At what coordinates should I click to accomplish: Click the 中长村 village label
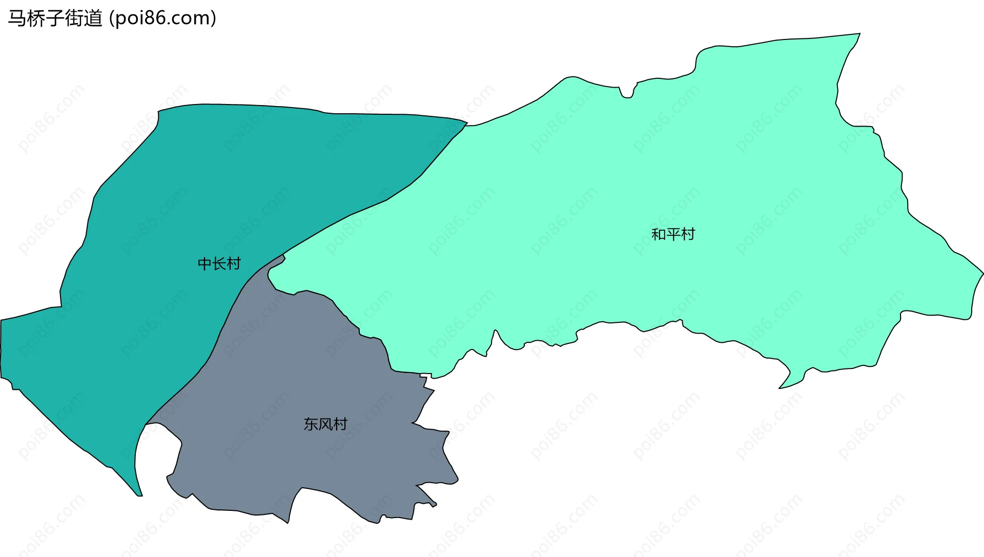[x=219, y=264]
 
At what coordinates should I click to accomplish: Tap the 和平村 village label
[x=673, y=234]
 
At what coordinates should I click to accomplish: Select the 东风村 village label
[x=325, y=424]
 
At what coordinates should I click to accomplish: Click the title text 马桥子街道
[x=55, y=18]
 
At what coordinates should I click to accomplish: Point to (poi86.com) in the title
[x=163, y=18]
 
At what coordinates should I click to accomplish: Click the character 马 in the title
[x=17, y=18]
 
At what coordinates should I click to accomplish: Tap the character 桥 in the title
[x=36, y=18]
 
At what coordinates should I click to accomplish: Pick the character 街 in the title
[x=74, y=18]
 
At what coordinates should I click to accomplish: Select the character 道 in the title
[x=93, y=18]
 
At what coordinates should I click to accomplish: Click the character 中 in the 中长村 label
[x=205, y=264]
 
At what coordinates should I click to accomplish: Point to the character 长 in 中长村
[x=219, y=264]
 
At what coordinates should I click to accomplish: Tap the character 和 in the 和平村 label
[x=659, y=234]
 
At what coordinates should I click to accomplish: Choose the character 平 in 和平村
[x=673, y=234]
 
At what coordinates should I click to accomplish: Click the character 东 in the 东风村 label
[x=311, y=424]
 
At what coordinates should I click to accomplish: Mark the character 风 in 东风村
[x=325, y=424]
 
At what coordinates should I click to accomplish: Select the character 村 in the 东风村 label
[x=340, y=424]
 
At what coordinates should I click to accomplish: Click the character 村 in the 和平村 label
[x=688, y=234]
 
